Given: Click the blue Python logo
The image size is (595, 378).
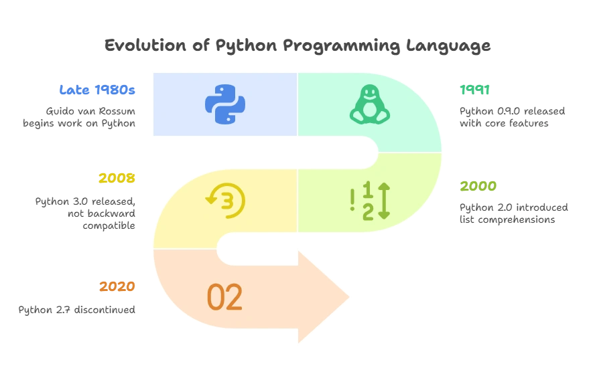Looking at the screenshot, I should click(224, 104).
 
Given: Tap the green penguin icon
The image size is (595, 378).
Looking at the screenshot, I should click(369, 104).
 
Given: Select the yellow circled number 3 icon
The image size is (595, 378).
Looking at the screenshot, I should click(226, 199).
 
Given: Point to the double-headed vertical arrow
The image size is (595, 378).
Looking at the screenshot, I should click(383, 200).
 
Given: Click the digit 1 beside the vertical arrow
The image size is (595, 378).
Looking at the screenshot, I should click(367, 190).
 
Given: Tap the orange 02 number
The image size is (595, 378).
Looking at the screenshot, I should click(224, 298).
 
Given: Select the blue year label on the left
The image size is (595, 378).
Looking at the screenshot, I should click(98, 89).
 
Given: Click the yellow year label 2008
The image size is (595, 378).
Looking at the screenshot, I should click(117, 179).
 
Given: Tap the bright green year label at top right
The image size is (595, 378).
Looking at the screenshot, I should click(476, 89).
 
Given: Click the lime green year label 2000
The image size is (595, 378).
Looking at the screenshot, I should click(478, 186).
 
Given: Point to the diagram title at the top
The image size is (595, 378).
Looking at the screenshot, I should click(297, 46).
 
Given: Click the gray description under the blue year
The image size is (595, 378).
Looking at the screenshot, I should click(80, 116).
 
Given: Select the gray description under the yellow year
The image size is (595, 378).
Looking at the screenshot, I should click(86, 211).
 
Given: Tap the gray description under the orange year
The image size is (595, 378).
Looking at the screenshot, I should click(78, 310).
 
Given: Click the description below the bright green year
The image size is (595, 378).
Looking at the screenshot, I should click(512, 116).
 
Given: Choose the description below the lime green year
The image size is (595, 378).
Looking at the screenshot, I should click(512, 211).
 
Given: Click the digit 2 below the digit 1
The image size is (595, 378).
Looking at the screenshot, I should click(368, 211).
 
